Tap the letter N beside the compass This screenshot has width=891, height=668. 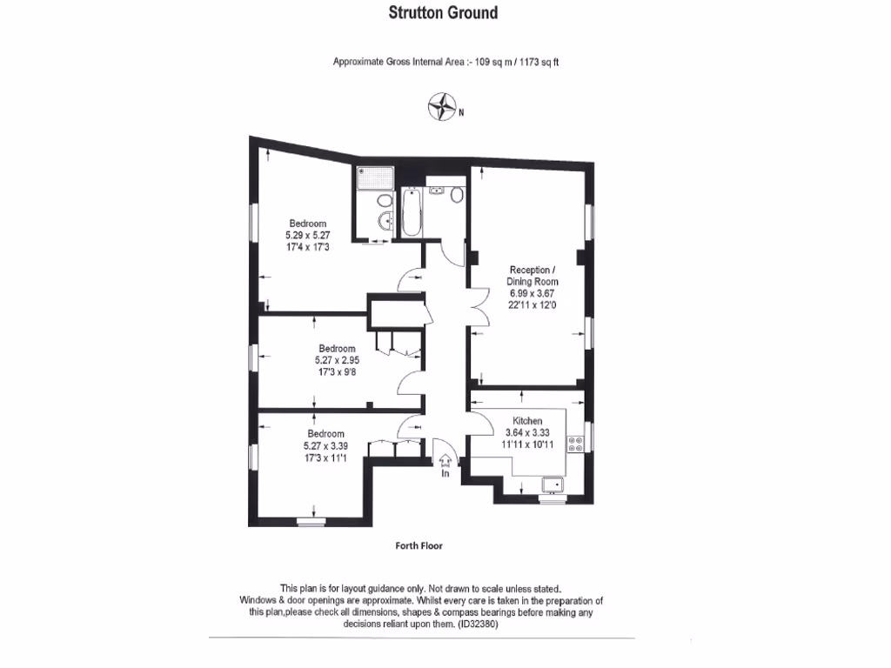click(461, 112)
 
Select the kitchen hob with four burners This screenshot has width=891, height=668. click(576, 444)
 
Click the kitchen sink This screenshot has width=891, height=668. click(552, 485)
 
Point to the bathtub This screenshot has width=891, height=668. click(410, 213)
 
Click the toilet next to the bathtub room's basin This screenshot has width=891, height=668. click(456, 193)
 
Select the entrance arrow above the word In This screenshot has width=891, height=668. click(445, 458)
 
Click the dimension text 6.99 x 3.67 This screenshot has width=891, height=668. click(533, 294)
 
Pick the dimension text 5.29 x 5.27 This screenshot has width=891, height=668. click(308, 235)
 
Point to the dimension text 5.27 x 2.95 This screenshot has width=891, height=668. click(337, 359)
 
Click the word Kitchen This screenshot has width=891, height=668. click(526, 421)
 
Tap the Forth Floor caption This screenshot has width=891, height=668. click(419, 546)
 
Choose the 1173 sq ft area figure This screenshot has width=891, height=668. click(539, 62)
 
